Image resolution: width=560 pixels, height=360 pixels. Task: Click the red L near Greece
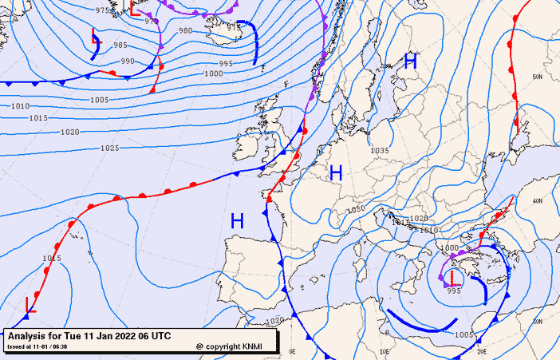(452, 278)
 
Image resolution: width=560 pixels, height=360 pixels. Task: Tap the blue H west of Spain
(237, 221)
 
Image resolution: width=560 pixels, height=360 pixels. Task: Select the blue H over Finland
(411, 61)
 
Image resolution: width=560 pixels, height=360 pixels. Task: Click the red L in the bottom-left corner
(31, 303)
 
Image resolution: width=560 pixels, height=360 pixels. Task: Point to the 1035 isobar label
(379, 151)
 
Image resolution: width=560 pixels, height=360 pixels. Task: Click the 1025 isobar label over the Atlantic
(110, 148)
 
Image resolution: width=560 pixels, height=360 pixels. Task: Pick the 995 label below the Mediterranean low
(454, 291)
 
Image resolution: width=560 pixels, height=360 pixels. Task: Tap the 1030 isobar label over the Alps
(356, 209)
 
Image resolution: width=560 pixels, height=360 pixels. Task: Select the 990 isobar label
(128, 61)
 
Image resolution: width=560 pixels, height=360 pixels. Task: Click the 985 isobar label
(120, 45)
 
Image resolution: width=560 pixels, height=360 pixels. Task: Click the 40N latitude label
(537, 201)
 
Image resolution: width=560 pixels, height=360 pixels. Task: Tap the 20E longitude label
(481, 350)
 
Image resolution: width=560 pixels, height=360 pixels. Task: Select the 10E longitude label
(385, 350)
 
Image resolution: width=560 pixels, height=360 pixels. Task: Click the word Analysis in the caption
(29, 335)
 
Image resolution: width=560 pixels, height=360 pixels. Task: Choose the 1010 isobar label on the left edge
(20, 106)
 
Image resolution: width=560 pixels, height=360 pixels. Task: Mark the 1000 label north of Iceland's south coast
(214, 73)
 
